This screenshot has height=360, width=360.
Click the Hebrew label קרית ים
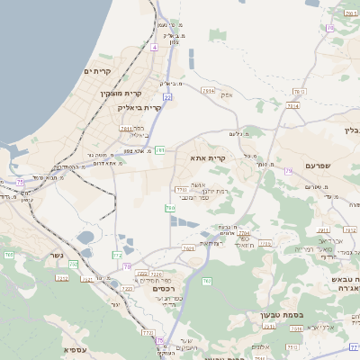pos(96,71)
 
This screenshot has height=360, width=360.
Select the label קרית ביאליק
pos(139,107)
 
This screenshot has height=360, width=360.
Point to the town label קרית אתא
pos(207,158)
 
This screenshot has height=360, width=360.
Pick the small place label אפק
pos(227,94)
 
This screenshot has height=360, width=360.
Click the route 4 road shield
pos(155,46)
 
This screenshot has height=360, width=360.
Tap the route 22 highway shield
pos(167,96)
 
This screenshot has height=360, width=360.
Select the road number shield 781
pos(159,149)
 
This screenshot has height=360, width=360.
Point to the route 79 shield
pos(288,170)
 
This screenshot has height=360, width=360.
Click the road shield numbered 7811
pos(125,129)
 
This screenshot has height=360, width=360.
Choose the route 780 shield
pos(169,208)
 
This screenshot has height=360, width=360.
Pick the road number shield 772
pos(117,256)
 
